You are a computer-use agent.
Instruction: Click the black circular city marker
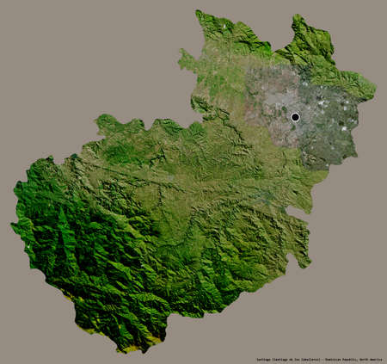tap(295, 117)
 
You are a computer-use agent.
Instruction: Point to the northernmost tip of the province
tap(199, 11)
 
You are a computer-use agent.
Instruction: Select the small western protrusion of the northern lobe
tap(181, 59)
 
